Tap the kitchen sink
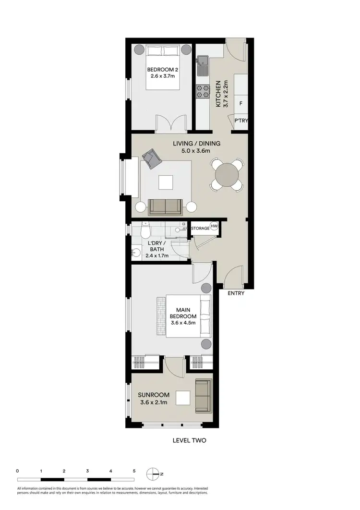pyautogui.click(x=202, y=62)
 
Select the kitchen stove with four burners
pyautogui.click(x=202, y=91)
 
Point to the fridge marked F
pyautogui.click(x=240, y=103)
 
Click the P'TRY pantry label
pyautogui.click(x=241, y=121)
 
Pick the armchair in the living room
pyautogui.click(x=151, y=158)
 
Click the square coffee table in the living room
pyautogui.click(x=166, y=183)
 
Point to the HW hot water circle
pyautogui.click(x=215, y=227)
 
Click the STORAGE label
pyautogui.click(x=200, y=228)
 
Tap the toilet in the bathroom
pyautogui.click(x=145, y=231)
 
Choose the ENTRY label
pyautogui.click(x=236, y=293)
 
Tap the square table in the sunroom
pyautogui.click(x=183, y=398)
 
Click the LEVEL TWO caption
pyautogui.click(x=189, y=439)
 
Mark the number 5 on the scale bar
pyautogui.click(x=134, y=471)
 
